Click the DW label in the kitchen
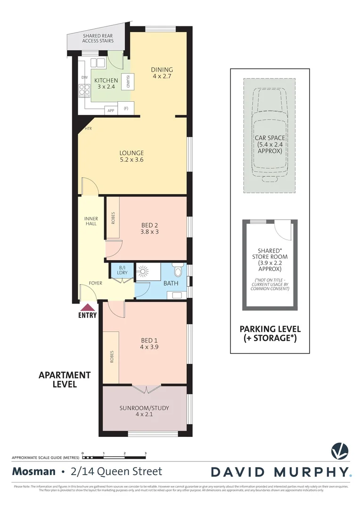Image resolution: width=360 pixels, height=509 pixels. (x=84, y=77)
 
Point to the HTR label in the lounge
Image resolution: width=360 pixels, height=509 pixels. (x=88, y=128)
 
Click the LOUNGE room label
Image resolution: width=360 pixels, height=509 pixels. (x=131, y=156)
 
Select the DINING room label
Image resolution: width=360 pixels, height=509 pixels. (x=162, y=73)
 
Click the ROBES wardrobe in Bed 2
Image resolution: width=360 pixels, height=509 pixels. (x=113, y=217)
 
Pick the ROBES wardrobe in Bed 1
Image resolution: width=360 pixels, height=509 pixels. (x=111, y=357)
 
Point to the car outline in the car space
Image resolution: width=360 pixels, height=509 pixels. (x=270, y=136)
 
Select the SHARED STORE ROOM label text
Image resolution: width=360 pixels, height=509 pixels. (x=270, y=260)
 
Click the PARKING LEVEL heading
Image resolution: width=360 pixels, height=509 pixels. (x=270, y=333)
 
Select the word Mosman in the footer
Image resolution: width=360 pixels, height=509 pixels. (x=33, y=471)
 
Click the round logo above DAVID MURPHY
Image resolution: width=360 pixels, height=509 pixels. (x=339, y=451)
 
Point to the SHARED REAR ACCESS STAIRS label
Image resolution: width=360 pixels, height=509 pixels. (x=98, y=38)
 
